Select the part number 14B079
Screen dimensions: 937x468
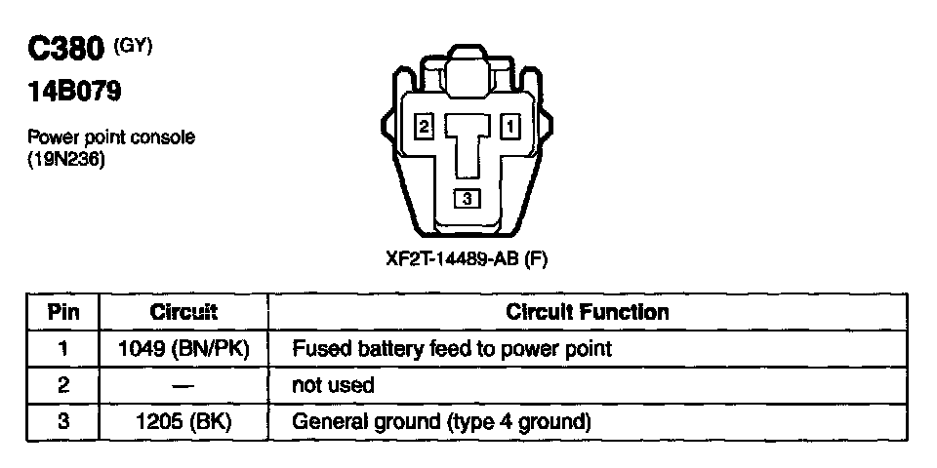(x=73, y=94)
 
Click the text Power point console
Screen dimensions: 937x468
(x=110, y=137)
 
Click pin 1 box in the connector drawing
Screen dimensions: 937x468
(x=510, y=126)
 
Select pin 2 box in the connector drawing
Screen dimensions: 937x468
(x=424, y=126)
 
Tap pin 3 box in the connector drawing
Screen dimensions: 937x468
(x=467, y=198)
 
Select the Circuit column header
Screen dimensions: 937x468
(x=183, y=312)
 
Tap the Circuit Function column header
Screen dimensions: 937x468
(x=588, y=312)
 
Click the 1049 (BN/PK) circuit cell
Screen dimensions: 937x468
(x=183, y=348)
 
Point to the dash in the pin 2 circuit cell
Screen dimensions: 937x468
(x=183, y=385)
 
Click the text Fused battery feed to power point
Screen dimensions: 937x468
(x=451, y=348)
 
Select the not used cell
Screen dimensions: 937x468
(x=333, y=385)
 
